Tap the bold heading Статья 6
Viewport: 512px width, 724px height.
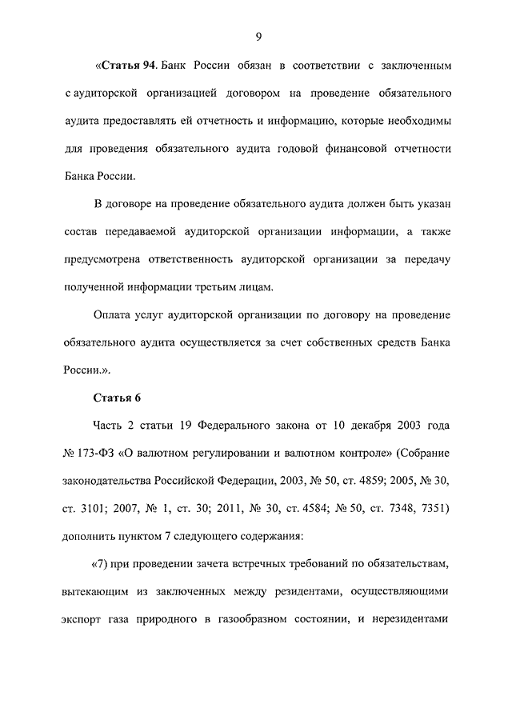[x=118, y=398]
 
